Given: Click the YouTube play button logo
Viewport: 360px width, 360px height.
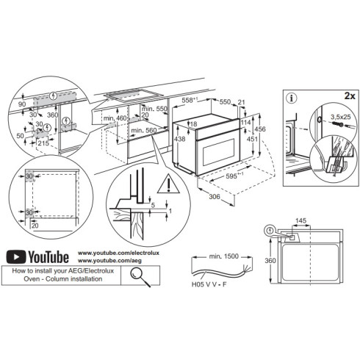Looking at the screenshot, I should pos(15,256).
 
